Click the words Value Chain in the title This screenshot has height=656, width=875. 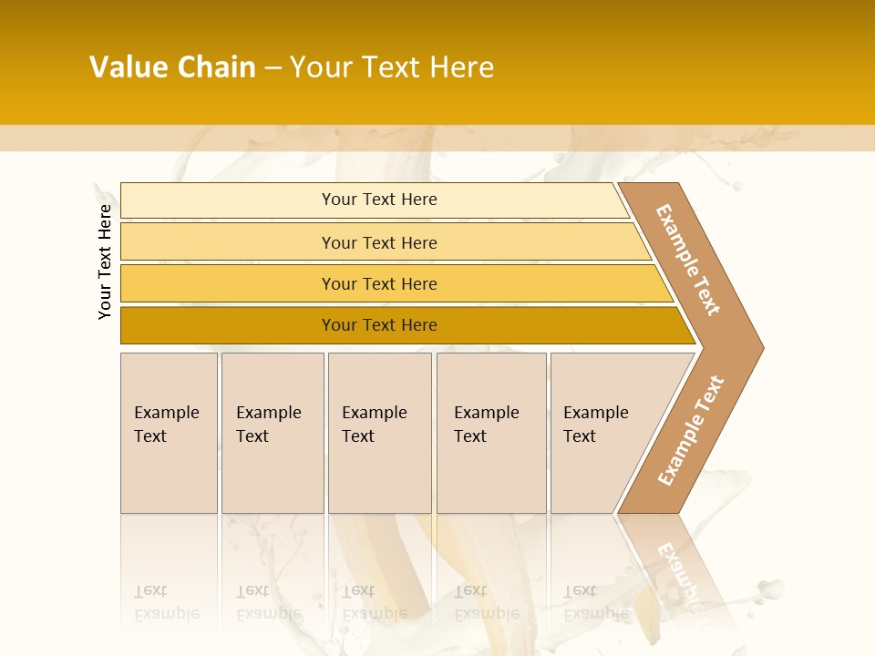(172, 67)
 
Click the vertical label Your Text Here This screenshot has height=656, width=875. (105, 261)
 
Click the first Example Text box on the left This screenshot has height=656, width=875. (169, 433)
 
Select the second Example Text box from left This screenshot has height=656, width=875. (272, 433)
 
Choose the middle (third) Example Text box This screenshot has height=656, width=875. (379, 433)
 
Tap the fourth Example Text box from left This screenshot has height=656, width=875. (490, 433)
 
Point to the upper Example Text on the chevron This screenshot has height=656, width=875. (688, 260)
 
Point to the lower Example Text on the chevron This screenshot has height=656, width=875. (691, 430)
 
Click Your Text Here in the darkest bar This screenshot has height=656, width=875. (379, 325)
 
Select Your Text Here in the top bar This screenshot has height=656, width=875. (379, 200)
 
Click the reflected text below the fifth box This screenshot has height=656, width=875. (595, 602)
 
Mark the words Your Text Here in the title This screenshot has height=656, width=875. (392, 67)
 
